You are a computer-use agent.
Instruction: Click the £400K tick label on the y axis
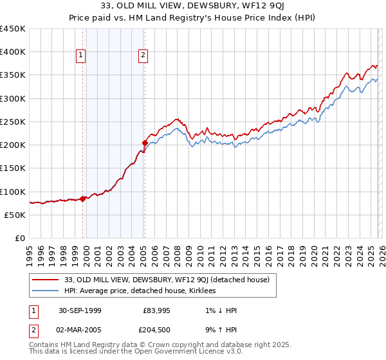pos(13,52)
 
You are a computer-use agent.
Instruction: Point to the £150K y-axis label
pos(13,168)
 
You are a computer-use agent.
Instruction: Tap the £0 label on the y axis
pos(19,239)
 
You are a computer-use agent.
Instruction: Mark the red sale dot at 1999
pos(83,199)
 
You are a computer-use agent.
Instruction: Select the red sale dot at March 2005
pos(145,143)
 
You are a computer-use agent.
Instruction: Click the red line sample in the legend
pos(45,280)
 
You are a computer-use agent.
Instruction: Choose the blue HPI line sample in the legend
pos(45,291)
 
